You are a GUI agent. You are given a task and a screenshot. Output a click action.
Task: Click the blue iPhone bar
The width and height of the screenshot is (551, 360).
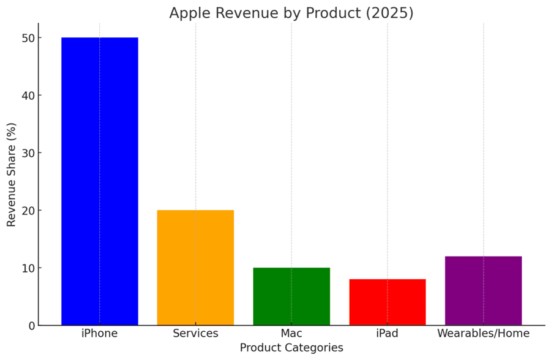[100, 181]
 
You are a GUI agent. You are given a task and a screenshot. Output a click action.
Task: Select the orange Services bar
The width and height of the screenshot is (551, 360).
[195, 268]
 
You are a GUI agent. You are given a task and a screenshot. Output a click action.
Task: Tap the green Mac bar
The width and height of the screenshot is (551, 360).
[291, 296]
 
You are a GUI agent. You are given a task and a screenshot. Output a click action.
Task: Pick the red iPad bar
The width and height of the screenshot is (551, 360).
[387, 302]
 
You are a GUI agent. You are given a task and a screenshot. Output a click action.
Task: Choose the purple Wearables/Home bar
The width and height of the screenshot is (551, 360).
[483, 291]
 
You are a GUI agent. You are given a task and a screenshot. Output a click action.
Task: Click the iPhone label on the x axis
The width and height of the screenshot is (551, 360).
[100, 334]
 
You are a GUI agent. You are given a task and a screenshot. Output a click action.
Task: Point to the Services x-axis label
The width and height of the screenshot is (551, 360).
[195, 334]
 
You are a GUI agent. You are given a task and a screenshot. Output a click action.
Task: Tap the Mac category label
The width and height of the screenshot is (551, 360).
[291, 334]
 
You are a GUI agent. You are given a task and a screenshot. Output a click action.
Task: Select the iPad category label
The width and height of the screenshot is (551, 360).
[387, 334]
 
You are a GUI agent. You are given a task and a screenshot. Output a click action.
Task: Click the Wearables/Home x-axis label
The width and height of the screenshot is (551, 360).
[483, 334]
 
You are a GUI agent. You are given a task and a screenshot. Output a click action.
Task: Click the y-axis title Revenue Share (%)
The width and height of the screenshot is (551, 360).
[12, 174]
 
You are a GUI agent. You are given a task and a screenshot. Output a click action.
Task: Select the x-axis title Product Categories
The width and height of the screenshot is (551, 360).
[291, 348]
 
